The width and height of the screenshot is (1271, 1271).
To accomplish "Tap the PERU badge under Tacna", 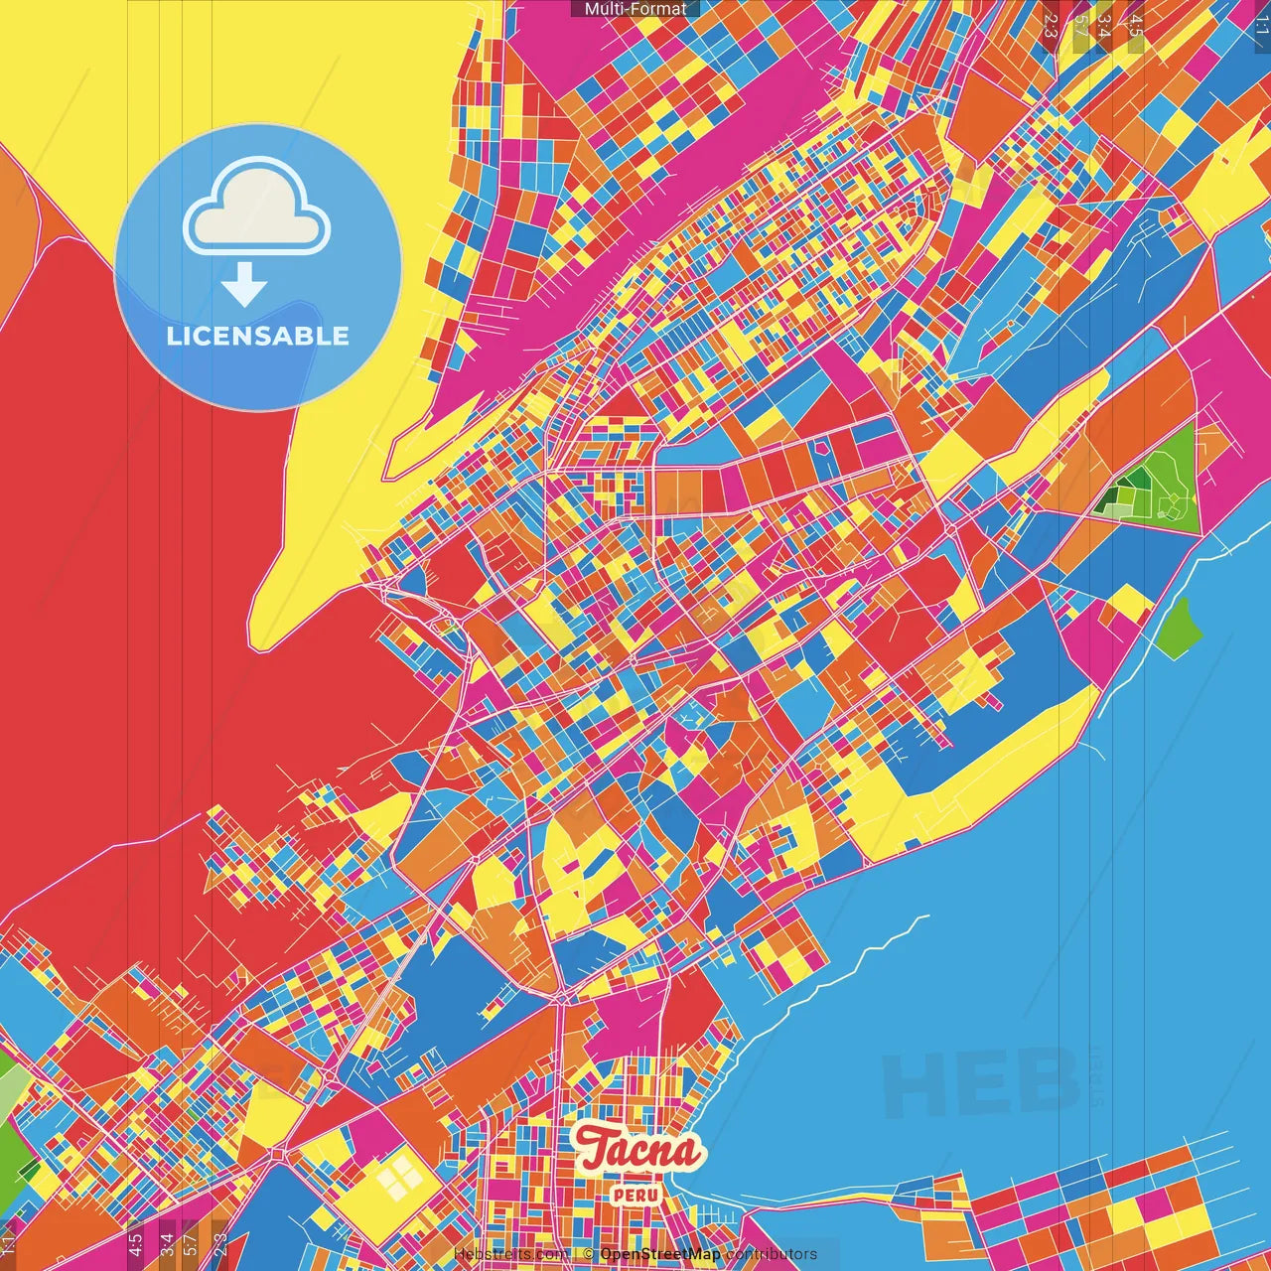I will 635,1195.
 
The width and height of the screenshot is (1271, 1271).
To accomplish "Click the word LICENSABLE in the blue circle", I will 258,336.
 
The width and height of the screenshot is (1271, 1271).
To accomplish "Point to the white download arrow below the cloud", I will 244,284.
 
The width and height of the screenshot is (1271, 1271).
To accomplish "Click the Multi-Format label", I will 635,9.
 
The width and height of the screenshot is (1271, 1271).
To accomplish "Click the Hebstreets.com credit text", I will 510,1254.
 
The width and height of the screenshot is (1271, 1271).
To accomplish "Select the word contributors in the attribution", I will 771,1254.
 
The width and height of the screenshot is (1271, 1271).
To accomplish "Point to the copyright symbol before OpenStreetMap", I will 589,1254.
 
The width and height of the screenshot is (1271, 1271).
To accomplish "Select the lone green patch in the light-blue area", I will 1180,626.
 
